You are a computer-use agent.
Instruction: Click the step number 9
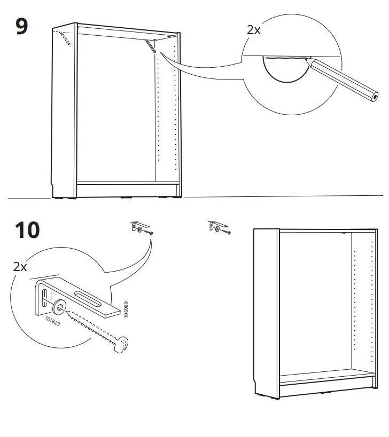[x=21, y=27]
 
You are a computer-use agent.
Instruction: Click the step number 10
[x=27, y=231]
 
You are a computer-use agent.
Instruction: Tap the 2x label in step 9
[x=253, y=30]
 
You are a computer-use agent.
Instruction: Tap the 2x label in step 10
[x=20, y=267]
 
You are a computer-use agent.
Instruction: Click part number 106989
[x=126, y=310]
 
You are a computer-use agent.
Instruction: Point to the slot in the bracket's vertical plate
[x=45, y=295]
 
